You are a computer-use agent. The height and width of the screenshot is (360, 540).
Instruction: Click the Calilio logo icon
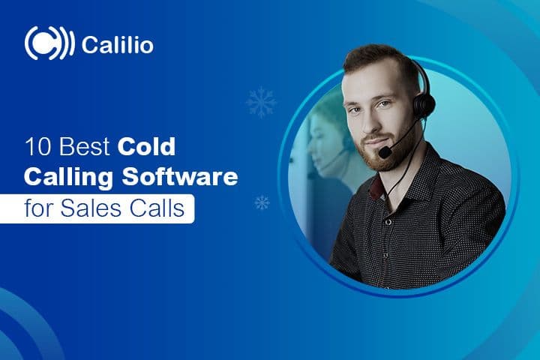click(49, 43)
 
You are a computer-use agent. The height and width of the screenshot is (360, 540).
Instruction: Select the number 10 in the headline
click(36, 146)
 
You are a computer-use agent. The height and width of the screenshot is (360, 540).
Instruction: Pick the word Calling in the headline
click(65, 178)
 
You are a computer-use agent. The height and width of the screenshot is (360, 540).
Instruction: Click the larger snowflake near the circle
click(260, 102)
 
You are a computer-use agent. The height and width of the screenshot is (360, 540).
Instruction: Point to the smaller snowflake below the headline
click(262, 202)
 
